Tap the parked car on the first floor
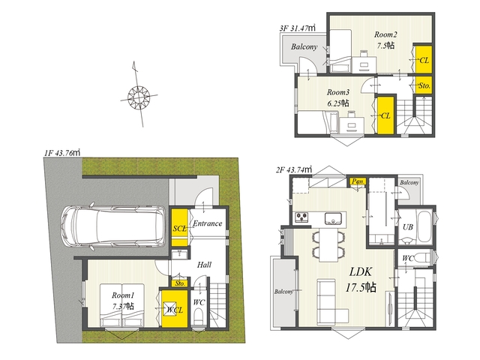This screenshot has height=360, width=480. coord(113,226)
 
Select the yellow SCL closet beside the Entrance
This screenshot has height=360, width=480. coord(179,227)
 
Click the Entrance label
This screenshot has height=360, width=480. coord(207,223)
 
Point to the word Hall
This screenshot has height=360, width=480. coord(204,265)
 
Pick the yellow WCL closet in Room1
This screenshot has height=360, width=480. coord(175,309)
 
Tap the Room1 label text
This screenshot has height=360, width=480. coord(123,295)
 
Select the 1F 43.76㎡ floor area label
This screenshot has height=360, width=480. coord(62,152)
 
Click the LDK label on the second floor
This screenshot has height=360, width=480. coord(361,271)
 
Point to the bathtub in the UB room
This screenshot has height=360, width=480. coord(424,226)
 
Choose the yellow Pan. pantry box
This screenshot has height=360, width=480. coord(358,181)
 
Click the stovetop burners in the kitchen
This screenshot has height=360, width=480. coord(301,217)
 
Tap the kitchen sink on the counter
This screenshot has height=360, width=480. coord(333,218)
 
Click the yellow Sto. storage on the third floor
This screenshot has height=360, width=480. coord(424,85)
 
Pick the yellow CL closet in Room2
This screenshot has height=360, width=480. coord(424,59)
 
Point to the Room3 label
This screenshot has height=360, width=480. coord(338,91)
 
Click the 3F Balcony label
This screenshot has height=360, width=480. coord(304,46)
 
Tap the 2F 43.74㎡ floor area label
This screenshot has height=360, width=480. coord(294,169)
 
